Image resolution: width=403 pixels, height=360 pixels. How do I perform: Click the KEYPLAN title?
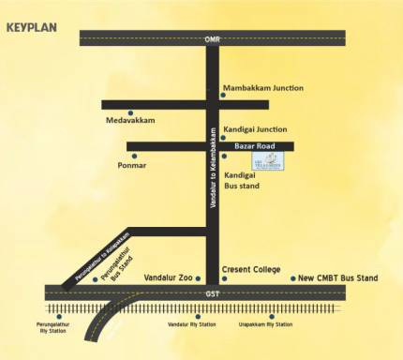coord(32,26)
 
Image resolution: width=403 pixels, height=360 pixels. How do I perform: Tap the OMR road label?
coord(212,39)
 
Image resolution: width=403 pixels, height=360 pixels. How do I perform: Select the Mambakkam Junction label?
coord(263,88)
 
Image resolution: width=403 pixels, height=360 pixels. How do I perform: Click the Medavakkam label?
coord(130,121)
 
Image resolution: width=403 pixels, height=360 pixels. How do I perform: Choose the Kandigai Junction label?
coord(255,129)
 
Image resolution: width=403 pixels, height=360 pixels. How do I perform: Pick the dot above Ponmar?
coord(134,156)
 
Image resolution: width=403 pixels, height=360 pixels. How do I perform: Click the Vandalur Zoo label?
coord(169,278)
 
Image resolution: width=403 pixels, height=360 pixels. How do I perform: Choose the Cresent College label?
coord(251,270)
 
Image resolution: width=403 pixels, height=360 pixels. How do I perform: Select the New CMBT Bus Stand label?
coord(337,278)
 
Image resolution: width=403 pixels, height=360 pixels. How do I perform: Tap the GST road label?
coord(212,294)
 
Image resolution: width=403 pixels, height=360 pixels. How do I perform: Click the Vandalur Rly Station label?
coord(191,324)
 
